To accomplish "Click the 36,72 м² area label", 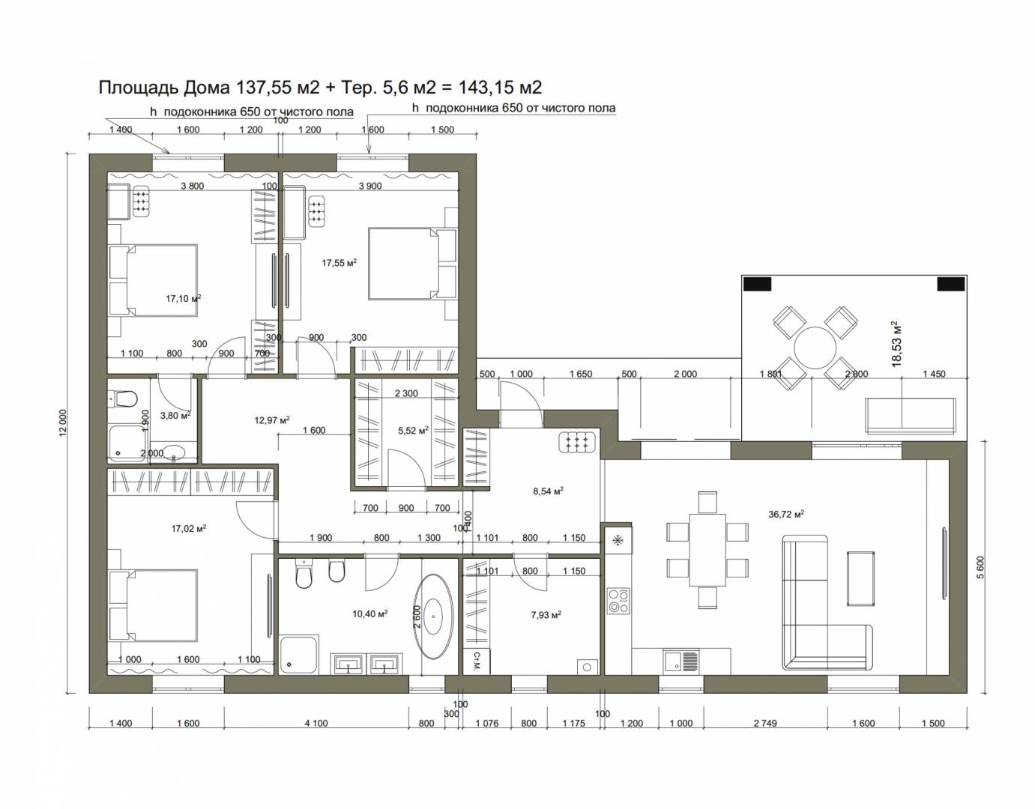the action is point(786,514).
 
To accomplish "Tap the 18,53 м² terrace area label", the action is point(896,343).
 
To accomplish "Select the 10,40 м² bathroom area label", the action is point(369,613).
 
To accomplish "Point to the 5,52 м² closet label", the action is point(413,430).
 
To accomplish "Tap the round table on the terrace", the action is point(815,348).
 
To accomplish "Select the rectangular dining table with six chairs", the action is point(707,550).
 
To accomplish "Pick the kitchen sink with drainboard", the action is point(681,661).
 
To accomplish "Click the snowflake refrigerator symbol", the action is point(618,539).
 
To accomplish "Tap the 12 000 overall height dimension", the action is point(64,423).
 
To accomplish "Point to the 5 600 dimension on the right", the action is point(980,567).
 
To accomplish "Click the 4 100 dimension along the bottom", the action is point(316,723).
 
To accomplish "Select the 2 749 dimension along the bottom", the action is point(765,723).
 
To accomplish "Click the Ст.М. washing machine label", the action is point(477,661).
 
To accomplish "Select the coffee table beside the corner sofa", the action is point(860,578).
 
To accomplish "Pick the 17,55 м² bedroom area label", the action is point(339,262).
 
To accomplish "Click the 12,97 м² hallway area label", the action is point(272,420).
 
